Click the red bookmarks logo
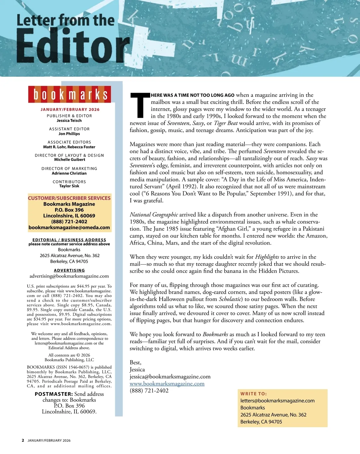click(x=70, y=94)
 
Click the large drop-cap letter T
click(x=140, y=105)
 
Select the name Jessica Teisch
click(x=69, y=121)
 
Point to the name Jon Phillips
click(x=69, y=134)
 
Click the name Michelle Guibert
click(x=70, y=160)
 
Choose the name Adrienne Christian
click(x=69, y=173)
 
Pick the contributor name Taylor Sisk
click(x=69, y=186)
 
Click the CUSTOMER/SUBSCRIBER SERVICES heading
click(x=69, y=198)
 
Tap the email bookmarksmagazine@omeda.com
click(x=69, y=227)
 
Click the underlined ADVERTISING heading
click(x=69, y=270)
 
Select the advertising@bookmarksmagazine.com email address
click(x=69, y=276)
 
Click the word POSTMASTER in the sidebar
click(x=54, y=394)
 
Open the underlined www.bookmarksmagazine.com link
click(x=167, y=384)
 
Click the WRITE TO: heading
click(x=253, y=394)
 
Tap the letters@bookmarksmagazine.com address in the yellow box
click(x=277, y=401)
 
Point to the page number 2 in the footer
click(x=23, y=440)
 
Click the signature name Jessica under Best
click(x=137, y=370)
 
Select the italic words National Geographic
click(x=154, y=215)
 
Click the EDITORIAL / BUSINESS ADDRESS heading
click(x=69, y=240)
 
